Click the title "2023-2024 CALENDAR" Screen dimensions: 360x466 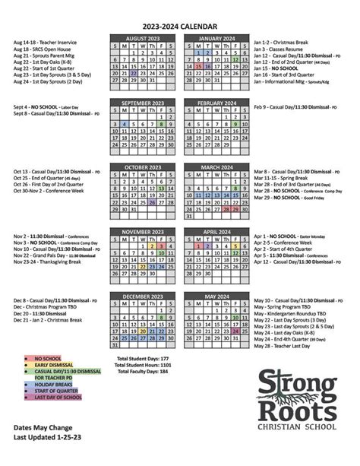click(x=180, y=25)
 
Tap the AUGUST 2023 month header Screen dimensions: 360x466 click(x=143, y=38)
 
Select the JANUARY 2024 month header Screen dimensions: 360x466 click(x=216, y=38)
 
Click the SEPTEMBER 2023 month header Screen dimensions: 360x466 click(x=143, y=103)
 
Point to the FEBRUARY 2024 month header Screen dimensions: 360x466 click(x=216, y=103)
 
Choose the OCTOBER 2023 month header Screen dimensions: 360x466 click(x=143, y=166)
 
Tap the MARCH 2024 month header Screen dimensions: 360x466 click(x=216, y=166)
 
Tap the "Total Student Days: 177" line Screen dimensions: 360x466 click(x=143, y=357)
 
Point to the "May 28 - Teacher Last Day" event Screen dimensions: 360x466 click(x=283, y=346)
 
